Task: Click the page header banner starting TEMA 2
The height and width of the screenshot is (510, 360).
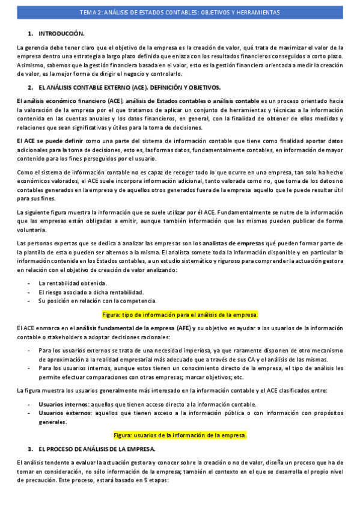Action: (180, 13)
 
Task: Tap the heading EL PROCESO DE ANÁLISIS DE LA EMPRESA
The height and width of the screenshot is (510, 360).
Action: (97, 449)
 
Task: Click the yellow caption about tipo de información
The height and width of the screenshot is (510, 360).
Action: (180, 315)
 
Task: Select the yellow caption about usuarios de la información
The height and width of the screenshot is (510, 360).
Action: (180, 435)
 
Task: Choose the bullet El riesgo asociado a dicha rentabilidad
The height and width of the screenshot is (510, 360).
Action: (91, 292)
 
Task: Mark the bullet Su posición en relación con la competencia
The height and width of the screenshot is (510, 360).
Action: (97, 301)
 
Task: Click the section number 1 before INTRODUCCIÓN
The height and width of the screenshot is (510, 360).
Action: (30, 33)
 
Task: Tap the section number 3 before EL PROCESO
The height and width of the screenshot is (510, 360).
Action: (30, 449)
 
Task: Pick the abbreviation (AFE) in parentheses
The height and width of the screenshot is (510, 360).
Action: (184, 328)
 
